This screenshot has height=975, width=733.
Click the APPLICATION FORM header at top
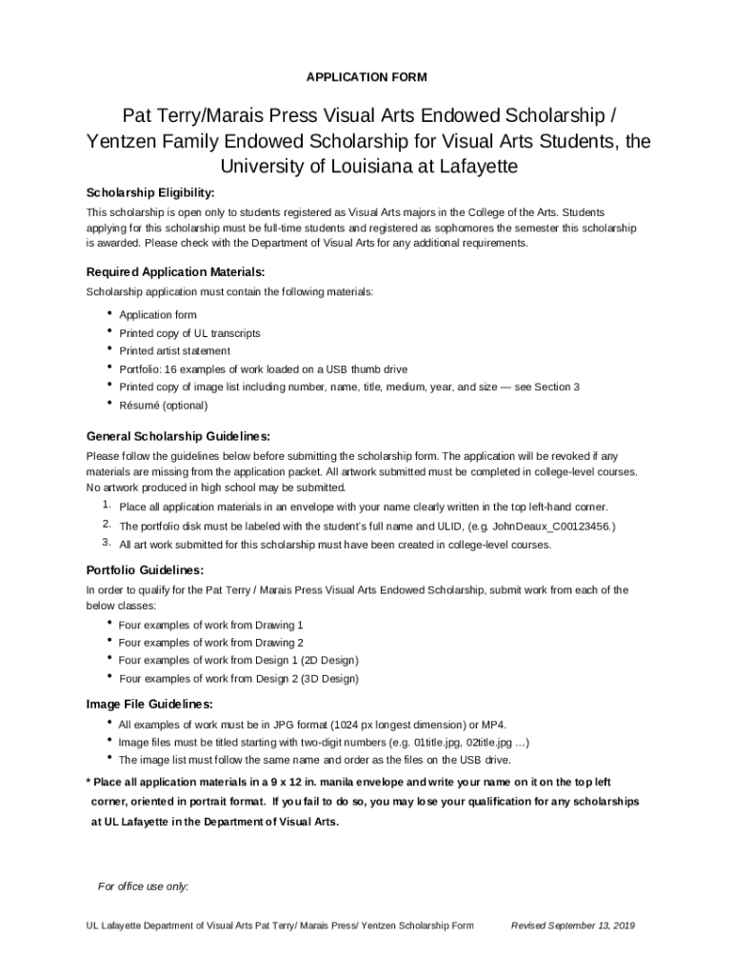click(x=366, y=76)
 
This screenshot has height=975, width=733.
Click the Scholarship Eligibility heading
click(x=150, y=193)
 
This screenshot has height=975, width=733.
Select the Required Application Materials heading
click(x=175, y=272)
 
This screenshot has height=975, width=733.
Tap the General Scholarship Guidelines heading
click(x=178, y=437)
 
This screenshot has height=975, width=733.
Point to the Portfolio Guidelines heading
click(x=145, y=571)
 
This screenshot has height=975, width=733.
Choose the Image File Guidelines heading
click(x=149, y=705)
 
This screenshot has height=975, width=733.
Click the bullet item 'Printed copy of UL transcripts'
click(x=189, y=333)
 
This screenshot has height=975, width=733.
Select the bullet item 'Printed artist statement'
click(x=174, y=351)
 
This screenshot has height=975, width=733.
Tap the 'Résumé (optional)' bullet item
click(x=163, y=406)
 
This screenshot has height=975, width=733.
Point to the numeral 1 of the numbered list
click(x=107, y=506)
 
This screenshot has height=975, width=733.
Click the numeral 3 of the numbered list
click(x=107, y=544)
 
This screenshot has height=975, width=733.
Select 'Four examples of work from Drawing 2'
click(x=210, y=643)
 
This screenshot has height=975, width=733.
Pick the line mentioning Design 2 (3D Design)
click(x=238, y=679)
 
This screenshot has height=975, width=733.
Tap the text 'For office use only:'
click(x=144, y=887)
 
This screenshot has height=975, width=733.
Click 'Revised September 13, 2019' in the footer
click(x=573, y=925)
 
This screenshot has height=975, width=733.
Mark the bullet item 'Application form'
click(x=158, y=315)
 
